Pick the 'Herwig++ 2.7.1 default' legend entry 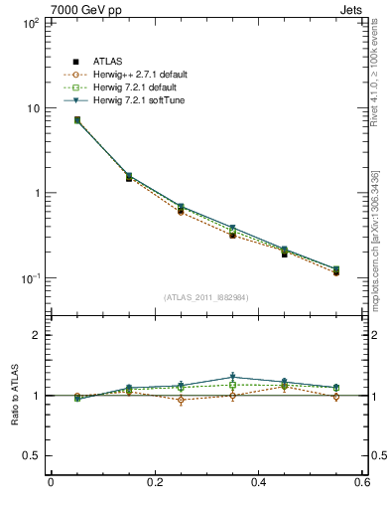139,75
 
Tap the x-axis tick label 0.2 155,484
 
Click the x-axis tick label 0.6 362,484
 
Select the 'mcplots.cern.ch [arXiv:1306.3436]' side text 380,229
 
